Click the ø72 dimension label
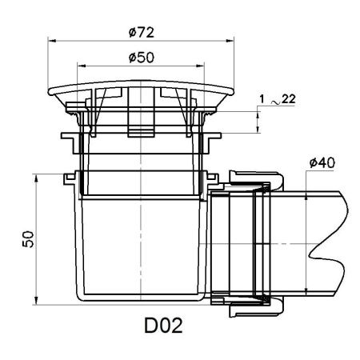142,33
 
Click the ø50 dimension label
142,58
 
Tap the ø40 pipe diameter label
322,162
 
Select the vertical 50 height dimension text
28,239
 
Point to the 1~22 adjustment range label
278,99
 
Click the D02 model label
163,325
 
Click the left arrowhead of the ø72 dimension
52,41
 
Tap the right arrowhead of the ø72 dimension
230,41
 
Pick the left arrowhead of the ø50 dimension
82,66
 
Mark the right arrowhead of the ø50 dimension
200,66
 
